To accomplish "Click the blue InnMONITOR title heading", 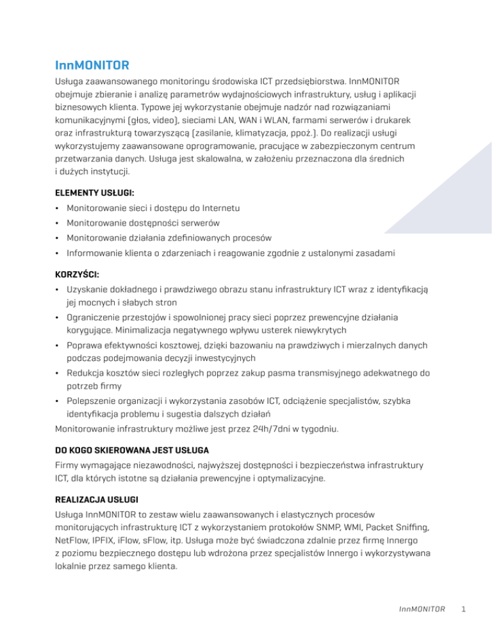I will click(x=93, y=65).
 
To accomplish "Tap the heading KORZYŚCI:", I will click(x=77, y=274).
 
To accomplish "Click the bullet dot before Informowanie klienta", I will click(x=58, y=253).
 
